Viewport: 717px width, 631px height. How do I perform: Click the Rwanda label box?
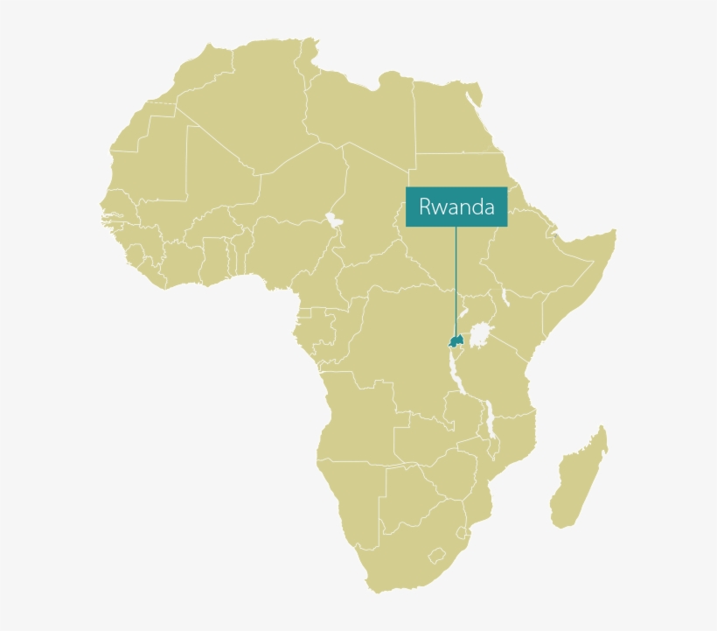(456, 207)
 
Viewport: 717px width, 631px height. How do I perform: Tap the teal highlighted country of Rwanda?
(455, 340)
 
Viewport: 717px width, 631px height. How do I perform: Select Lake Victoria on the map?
(479, 335)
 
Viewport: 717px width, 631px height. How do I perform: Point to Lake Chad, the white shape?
(333, 219)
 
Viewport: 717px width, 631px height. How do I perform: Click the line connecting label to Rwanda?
(456, 280)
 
